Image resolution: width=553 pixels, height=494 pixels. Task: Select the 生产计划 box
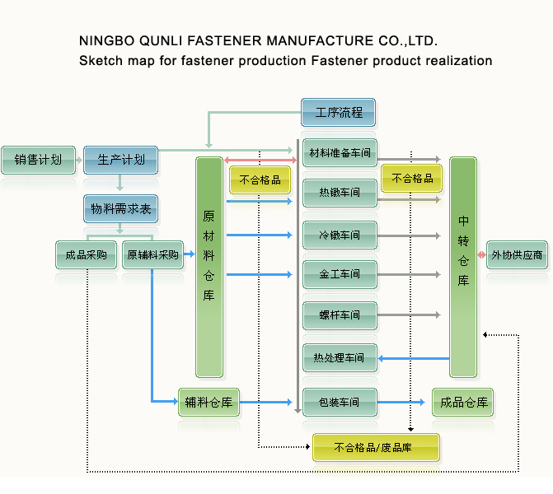[x=120, y=160]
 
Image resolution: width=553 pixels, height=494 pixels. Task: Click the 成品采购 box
[x=86, y=255]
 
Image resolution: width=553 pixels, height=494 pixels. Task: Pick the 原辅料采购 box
[x=152, y=255]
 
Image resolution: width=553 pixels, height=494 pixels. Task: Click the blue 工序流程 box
[x=338, y=112]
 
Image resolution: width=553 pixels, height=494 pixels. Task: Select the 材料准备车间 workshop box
[x=340, y=153]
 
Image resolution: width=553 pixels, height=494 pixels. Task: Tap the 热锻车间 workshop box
[x=340, y=193]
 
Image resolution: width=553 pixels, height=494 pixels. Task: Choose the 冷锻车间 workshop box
[x=340, y=235]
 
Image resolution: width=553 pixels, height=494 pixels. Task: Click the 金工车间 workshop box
[x=340, y=274]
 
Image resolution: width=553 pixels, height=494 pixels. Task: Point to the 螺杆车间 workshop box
[x=340, y=315]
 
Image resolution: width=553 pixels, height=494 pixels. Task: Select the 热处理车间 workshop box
[x=340, y=358]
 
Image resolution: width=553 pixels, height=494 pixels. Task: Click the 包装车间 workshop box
[x=340, y=403]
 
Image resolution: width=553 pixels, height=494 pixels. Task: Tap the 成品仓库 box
[x=463, y=403]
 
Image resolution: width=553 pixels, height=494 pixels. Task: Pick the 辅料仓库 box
[x=209, y=403]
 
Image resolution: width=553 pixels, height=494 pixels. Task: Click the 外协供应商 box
[x=517, y=255]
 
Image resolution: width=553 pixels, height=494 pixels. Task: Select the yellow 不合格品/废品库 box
[x=376, y=448]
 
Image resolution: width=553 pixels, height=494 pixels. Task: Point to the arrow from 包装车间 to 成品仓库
[x=404, y=403]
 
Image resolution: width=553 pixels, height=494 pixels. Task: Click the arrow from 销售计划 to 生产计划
[x=78, y=160]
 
